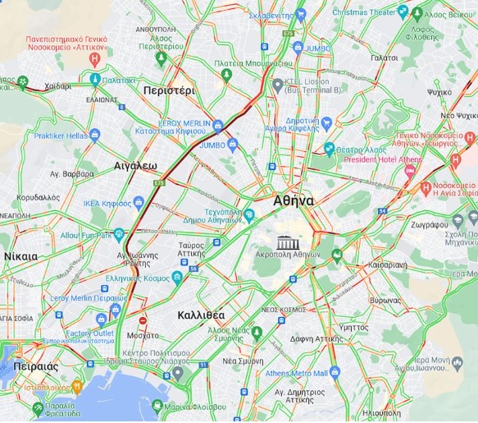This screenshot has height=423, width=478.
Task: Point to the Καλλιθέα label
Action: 201,315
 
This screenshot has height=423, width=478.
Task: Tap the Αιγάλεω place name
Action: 135,165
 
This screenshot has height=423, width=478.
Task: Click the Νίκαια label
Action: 20,256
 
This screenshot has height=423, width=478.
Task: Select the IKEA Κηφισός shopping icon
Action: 139,202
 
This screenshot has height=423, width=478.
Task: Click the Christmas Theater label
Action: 364,12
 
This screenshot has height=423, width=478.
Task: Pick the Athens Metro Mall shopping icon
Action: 334,374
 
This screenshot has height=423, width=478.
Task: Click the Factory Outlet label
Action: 89,333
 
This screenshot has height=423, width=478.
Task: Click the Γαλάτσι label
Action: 384,58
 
